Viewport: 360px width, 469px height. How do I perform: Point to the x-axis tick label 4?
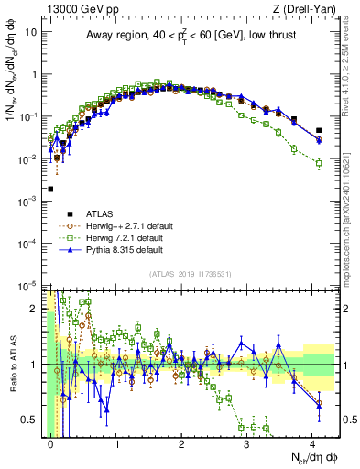pos(312,442)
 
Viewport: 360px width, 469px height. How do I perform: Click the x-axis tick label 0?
pos(51,442)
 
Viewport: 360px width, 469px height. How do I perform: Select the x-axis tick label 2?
pos(181,442)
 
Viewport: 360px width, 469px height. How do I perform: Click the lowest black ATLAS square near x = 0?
pos(50,189)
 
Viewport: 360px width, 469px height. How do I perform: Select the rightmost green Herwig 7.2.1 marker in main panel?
pos(319,163)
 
